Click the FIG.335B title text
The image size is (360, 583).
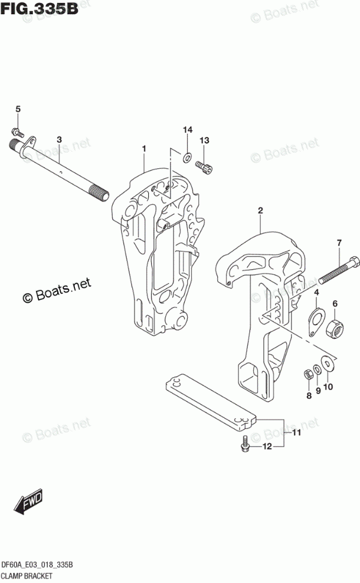click(40, 11)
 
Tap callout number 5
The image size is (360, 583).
click(18, 109)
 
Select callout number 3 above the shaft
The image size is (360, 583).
click(59, 139)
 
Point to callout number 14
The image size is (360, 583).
click(186, 130)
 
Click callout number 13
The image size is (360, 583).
click(204, 140)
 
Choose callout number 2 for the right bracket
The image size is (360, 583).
click(260, 210)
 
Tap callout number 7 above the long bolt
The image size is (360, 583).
click(339, 243)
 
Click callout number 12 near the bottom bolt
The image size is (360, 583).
click(267, 447)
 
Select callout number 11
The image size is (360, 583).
click(296, 434)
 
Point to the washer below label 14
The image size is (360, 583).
click(186, 157)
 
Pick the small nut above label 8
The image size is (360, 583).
click(307, 373)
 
